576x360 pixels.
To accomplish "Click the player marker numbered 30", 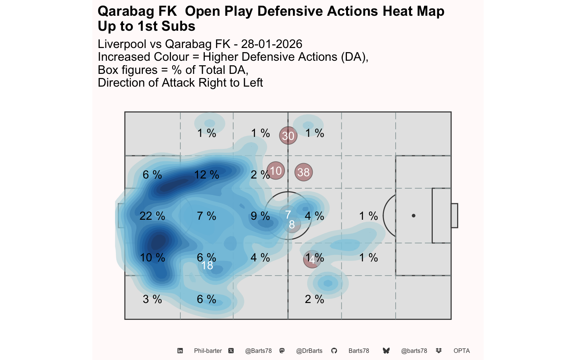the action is click(288, 135).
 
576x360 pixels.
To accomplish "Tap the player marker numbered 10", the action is click(276, 171).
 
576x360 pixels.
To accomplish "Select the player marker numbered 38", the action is click(303, 172).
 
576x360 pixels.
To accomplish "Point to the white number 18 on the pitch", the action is click(207, 265).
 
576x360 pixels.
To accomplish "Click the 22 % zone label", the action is click(152, 216).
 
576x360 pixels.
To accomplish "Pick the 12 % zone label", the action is click(207, 175).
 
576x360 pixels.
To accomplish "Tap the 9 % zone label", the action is click(260, 216).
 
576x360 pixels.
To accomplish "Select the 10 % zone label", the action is click(152, 258).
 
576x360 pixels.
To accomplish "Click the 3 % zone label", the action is click(152, 299).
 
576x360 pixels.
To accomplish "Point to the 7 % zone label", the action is click(207, 216).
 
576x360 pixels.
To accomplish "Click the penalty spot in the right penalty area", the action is click(414, 216).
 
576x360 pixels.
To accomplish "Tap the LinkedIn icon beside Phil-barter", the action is click(180, 351).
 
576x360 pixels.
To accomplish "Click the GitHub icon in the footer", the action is click(334, 351).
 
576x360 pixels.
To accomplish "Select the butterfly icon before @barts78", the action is click(386, 351).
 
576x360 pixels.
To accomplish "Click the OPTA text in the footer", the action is click(462, 351).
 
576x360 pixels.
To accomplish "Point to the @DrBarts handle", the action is click(309, 351).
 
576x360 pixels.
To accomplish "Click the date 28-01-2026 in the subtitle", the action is click(271, 44).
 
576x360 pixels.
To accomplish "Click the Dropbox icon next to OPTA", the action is click(439, 351).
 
